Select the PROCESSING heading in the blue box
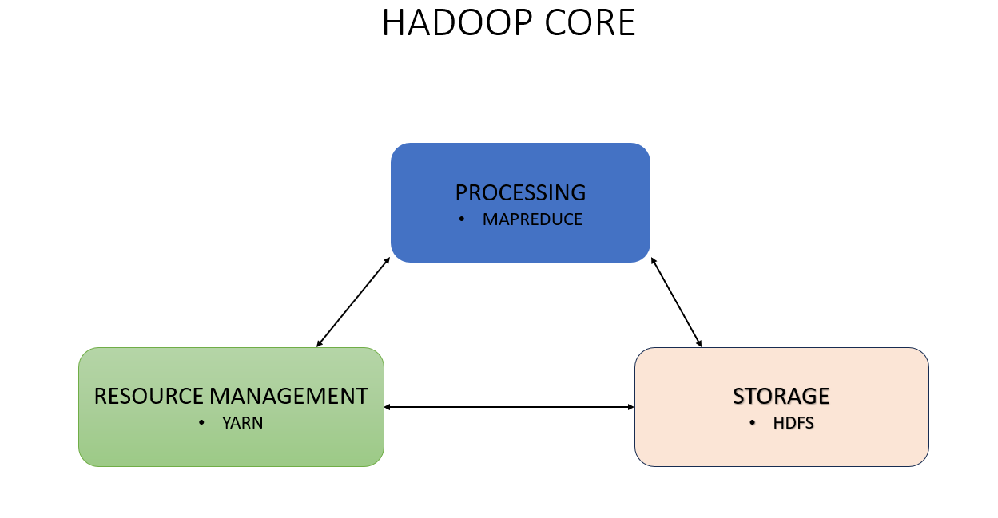tap(520, 192)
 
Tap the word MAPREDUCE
tap(532, 219)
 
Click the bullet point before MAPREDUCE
tap(461, 219)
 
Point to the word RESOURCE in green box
tap(149, 396)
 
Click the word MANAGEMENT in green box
tap(288, 396)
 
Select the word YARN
tap(242, 423)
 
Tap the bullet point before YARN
tap(201, 423)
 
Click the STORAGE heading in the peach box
tap(781, 396)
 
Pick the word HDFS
tap(793, 423)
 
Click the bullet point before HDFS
tap(752, 423)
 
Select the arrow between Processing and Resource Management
tap(353, 302)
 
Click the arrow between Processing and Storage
tap(676, 302)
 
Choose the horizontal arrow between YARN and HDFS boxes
tap(509, 407)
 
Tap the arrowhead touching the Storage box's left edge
tap(630, 407)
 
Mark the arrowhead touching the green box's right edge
tap(388, 407)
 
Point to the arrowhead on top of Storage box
tap(699, 343)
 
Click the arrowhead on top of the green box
tap(320, 343)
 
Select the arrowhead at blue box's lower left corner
tap(387, 260)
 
